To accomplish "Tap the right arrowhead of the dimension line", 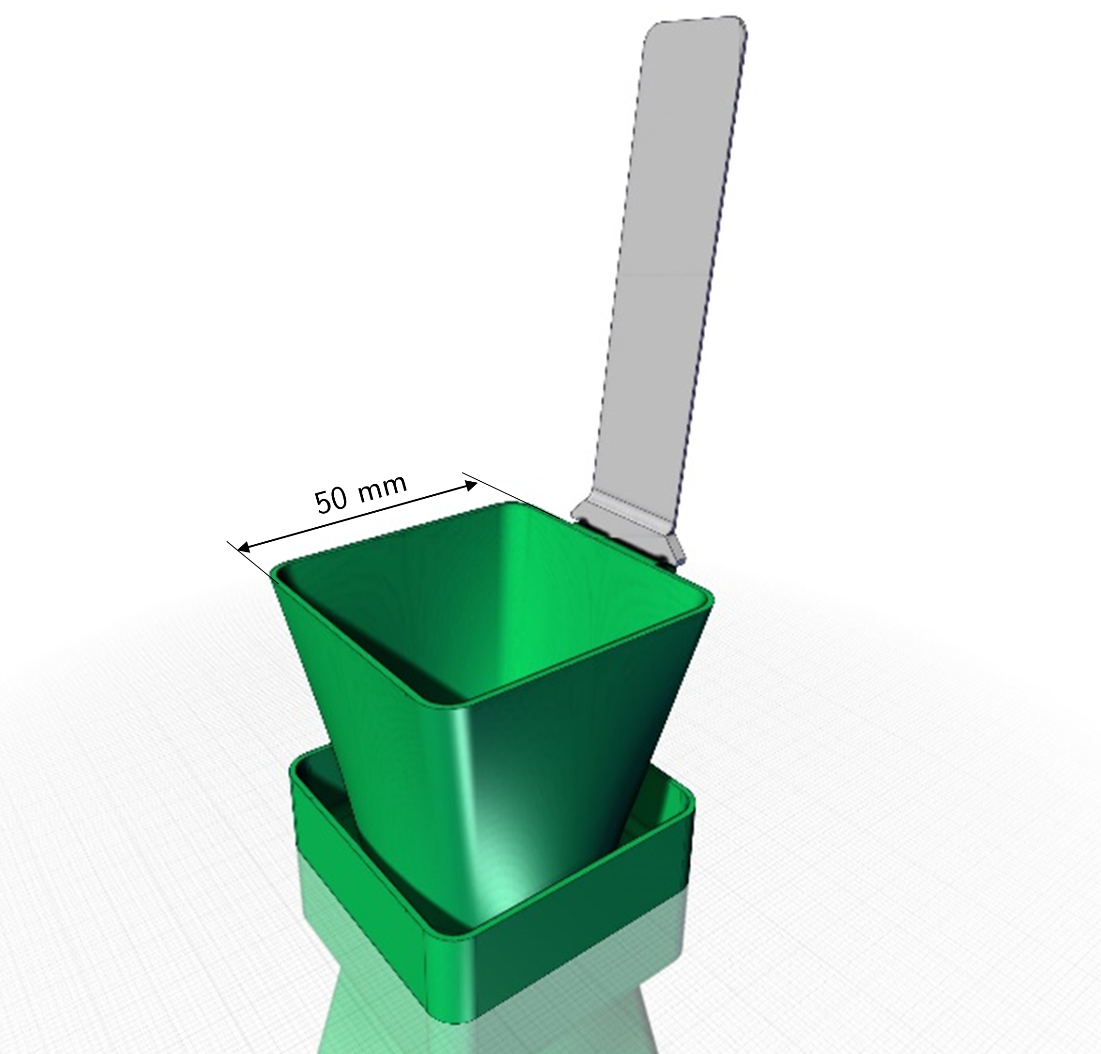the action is point(470,486).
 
